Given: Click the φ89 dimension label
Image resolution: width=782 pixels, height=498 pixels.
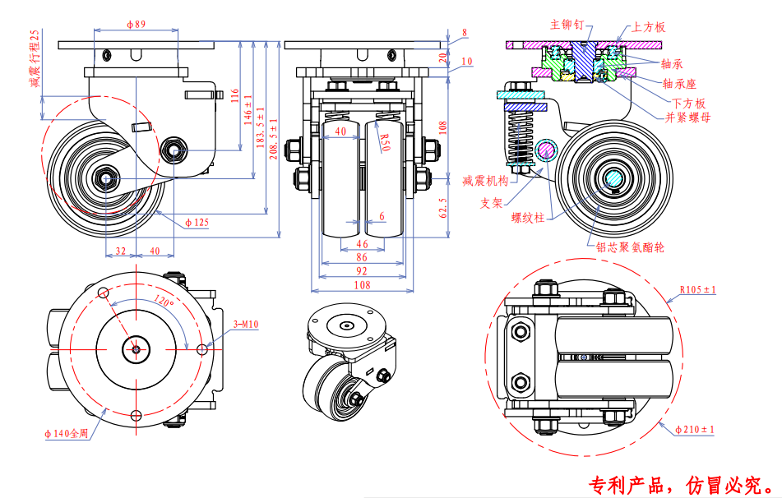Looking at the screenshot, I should point(137,25).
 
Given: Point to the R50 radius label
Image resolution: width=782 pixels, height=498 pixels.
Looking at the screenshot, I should point(383,140).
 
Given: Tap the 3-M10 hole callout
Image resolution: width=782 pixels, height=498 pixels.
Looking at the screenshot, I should point(246,325).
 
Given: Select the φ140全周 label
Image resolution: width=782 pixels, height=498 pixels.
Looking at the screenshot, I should point(66,433).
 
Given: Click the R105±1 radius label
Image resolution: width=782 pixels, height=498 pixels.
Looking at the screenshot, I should point(698,289).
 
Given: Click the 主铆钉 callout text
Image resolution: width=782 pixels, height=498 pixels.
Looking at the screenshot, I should point(567,25).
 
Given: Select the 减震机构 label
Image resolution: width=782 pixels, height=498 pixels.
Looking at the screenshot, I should point(486,181).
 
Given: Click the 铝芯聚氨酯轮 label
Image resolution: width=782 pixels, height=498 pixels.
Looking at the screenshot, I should point(632,245).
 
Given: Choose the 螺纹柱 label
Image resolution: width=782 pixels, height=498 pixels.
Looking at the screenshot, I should point(527,218).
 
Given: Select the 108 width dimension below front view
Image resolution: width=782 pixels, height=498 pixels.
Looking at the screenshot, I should point(362,284).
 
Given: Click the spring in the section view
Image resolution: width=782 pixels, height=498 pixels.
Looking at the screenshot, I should point(521,136).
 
